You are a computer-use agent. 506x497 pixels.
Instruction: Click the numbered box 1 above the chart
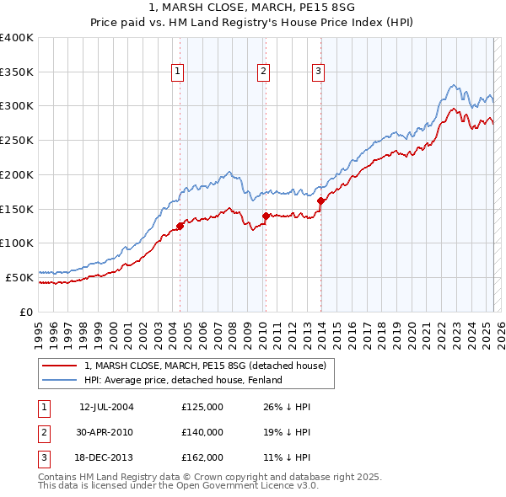pyautogui.click(x=179, y=72)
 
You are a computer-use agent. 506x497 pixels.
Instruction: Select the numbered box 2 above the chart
pyautogui.click(x=263, y=72)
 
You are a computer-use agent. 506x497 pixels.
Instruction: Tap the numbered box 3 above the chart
pyautogui.click(x=319, y=72)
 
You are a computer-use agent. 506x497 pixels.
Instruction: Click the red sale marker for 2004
pyautogui.click(x=180, y=226)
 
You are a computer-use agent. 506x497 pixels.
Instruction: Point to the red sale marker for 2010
pyautogui.click(x=266, y=216)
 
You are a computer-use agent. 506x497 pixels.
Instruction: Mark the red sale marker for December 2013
pyautogui.click(x=320, y=200)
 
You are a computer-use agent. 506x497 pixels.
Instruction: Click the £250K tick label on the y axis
pyautogui.click(x=17, y=140)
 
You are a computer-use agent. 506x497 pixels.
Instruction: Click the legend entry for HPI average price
pyautogui.click(x=182, y=380)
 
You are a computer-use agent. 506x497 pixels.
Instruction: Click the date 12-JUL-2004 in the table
pyautogui.click(x=106, y=408)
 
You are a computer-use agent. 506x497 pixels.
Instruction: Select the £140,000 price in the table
pyautogui.click(x=202, y=432)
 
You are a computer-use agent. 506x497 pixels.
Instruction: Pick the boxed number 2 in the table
pyautogui.click(x=43, y=432)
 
